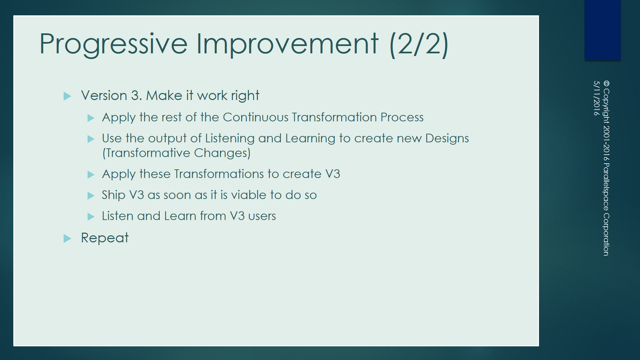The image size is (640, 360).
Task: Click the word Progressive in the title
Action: coord(114,44)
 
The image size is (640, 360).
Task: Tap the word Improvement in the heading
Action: coord(287,44)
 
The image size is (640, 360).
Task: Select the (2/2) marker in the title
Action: coord(419,44)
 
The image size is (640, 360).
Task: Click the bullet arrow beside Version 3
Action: coord(67,96)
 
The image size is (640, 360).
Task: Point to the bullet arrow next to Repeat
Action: coord(67,238)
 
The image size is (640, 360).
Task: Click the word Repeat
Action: coord(105,238)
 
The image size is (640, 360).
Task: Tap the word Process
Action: coord(402,117)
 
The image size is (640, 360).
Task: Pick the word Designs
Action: coord(447,138)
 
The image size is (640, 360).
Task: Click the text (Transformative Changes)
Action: coord(176,153)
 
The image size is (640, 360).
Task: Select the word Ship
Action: coord(113,195)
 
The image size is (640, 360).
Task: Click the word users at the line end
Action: coord(262,216)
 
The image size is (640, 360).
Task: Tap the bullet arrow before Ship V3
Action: coord(91,196)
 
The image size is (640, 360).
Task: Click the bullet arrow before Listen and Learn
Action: coord(91,217)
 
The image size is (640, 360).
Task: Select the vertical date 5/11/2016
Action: coord(596,98)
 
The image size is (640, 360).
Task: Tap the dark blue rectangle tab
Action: coord(602,30)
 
